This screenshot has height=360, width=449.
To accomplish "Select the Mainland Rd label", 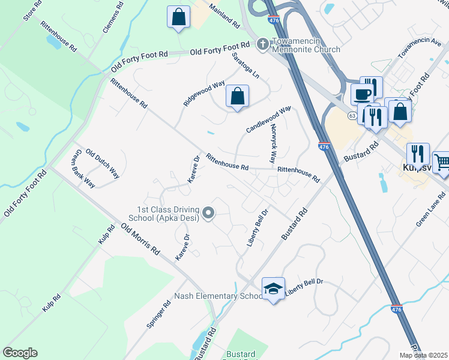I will coord(224,16).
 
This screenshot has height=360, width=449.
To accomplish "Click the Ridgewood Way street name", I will coord(204,94).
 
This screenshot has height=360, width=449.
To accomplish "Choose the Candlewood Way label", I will coord(268,119).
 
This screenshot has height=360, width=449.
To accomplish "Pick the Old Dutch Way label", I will coord(102,163).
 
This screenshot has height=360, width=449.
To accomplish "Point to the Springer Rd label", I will coord(158,314).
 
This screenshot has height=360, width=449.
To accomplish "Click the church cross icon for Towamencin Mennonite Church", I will coord(263,44).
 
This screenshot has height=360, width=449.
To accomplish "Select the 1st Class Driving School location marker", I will coord(208,213).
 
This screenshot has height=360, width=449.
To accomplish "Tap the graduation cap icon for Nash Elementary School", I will coord(273,289).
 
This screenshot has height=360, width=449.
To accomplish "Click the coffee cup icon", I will coord(362,95).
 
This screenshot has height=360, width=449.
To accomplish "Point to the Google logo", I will coord(20,353).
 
